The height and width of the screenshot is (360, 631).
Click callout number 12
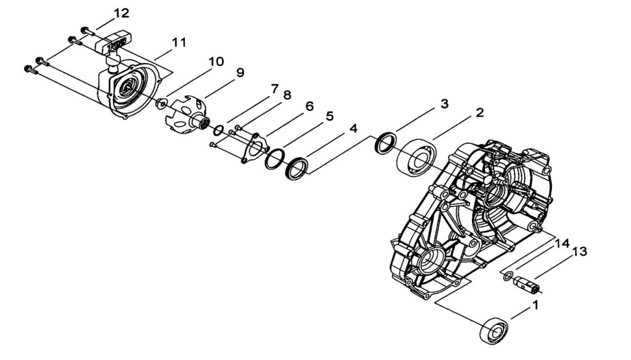click(x=121, y=14)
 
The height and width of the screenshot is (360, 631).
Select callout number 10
click(x=216, y=62)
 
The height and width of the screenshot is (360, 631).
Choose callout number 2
click(x=479, y=113)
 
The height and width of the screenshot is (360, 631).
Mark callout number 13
click(x=579, y=252)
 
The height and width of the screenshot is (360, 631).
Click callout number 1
click(x=535, y=305)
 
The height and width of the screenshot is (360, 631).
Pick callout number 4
click(x=352, y=129)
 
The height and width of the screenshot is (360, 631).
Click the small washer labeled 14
click(x=507, y=276)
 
